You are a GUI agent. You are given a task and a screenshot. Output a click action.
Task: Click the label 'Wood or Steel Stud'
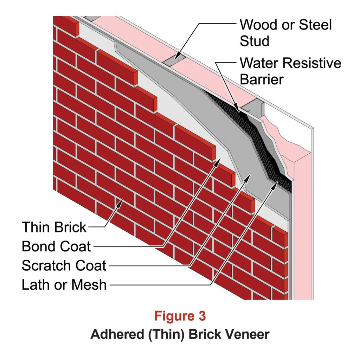[x=285, y=33]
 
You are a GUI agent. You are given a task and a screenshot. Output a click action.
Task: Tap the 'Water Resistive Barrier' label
[x=290, y=71]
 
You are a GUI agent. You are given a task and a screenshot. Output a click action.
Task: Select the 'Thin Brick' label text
[x=54, y=227]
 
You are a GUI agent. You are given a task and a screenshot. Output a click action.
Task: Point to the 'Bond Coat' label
[x=56, y=246]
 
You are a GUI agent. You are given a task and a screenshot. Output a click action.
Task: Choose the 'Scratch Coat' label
[x=64, y=265]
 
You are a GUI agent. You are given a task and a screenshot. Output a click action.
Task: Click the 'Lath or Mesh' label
[x=64, y=284]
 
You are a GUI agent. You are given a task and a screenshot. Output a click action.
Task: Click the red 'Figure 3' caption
[x=180, y=316]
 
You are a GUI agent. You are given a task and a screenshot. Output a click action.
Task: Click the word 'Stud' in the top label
[x=254, y=41]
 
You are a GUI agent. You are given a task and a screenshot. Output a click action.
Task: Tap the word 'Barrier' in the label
[x=262, y=79]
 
